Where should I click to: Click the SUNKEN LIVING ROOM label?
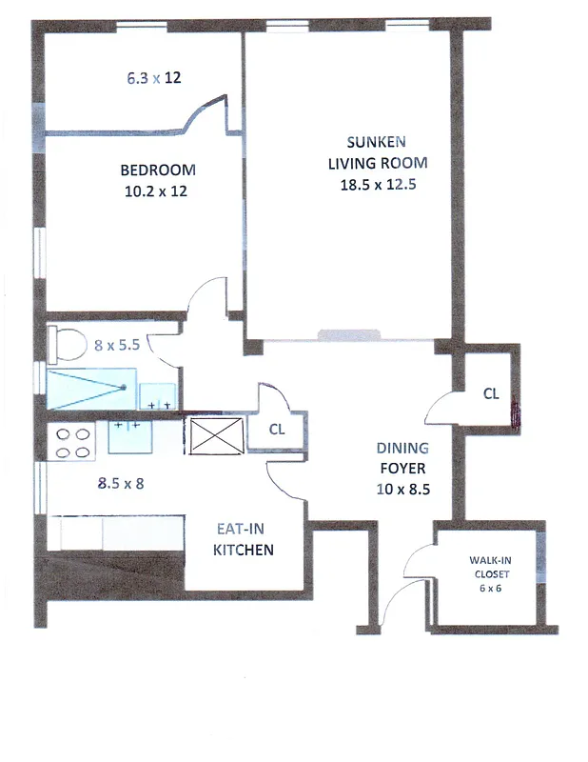[378, 152]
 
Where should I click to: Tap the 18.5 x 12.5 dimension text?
[378, 185]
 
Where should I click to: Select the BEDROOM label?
[158, 170]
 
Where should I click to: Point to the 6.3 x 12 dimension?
[154, 78]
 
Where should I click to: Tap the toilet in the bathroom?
[64, 344]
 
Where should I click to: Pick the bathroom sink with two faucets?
[158, 394]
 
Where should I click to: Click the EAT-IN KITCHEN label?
[244, 540]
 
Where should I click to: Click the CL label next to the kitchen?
[276, 430]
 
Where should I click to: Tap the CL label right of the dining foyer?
[490, 393]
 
